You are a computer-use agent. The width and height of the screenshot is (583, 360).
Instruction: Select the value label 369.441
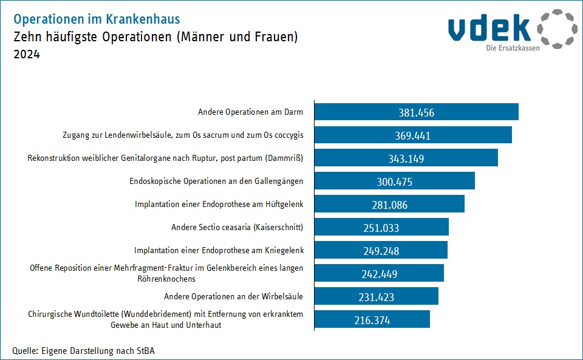(412, 135)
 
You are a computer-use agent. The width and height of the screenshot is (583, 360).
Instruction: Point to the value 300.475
(395, 182)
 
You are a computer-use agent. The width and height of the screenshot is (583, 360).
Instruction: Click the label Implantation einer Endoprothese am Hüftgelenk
(219, 205)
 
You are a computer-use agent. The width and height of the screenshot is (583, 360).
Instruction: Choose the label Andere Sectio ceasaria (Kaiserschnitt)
(237, 228)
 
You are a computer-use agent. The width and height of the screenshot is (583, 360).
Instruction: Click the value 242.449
(379, 274)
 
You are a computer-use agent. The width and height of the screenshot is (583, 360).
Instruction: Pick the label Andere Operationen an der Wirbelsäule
(233, 296)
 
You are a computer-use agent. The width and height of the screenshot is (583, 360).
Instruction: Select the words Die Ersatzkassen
(513, 48)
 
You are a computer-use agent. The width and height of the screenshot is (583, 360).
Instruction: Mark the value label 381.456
(417, 112)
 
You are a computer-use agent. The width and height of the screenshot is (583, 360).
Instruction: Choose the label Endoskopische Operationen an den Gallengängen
(216, 182)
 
